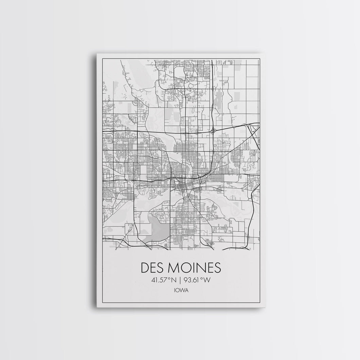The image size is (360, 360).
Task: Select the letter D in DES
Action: point(145,267)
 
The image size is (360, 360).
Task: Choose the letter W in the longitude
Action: point(207,280)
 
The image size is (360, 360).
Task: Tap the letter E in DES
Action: point(154,267)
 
